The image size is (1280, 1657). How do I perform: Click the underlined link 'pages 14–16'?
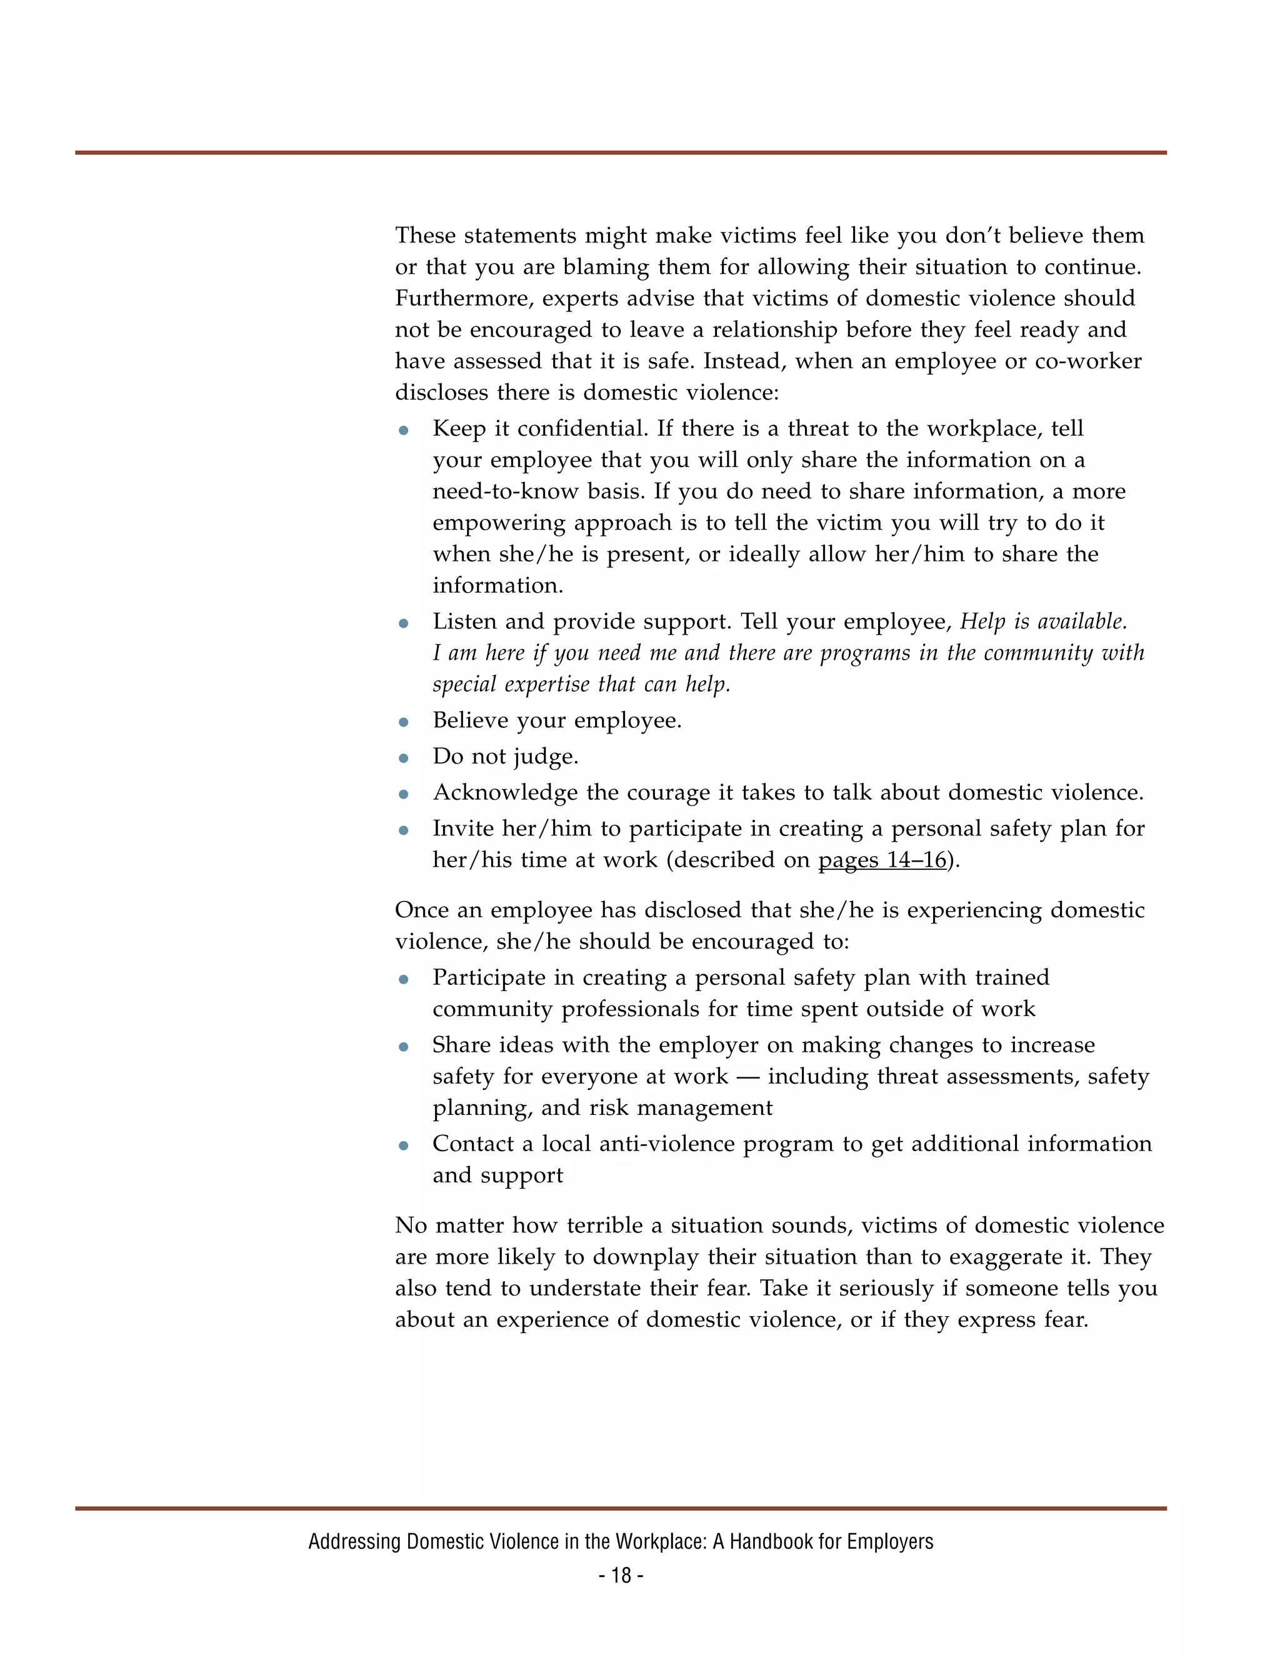tap(882, 860)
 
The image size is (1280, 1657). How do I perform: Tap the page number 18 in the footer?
tap(621, 1576)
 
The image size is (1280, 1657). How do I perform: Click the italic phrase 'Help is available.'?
tap(1043, 622)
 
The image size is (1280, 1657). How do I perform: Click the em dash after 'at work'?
tap(747, 1077)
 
